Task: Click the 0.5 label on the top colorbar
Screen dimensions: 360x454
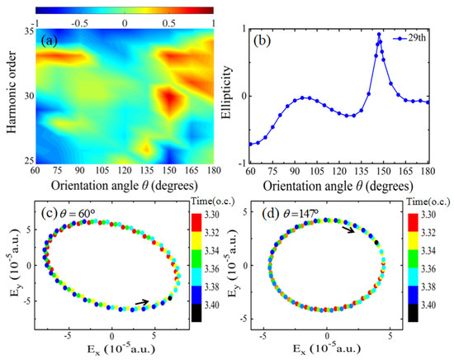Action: pos(169,23)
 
